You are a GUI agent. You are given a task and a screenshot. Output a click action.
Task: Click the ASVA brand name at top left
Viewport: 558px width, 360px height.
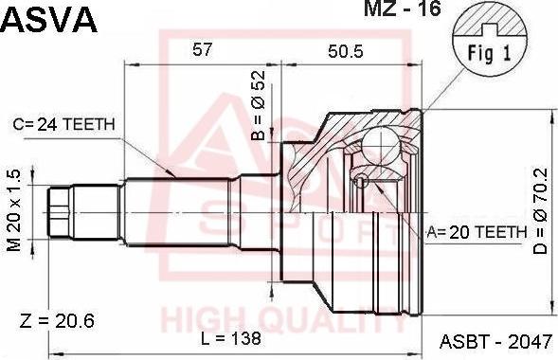(48, 20)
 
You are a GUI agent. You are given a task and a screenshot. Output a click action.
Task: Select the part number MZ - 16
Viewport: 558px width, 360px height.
(402, 9)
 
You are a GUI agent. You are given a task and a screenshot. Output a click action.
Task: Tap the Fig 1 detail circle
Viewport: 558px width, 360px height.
(490, 42)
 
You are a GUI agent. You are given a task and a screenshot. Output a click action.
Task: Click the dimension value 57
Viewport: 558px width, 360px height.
(202, 49)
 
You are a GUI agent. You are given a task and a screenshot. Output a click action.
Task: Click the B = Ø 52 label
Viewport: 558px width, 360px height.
(259, 105)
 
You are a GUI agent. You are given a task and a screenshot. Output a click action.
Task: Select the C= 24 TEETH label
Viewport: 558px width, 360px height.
(64, 124)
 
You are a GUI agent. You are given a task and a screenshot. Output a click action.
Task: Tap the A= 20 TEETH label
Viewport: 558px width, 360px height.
(477, 233)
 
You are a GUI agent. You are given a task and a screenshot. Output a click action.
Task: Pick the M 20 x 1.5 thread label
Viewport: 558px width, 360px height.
(14, 210)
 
